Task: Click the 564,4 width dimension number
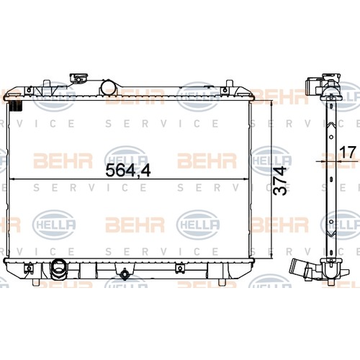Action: (x=128, y=170)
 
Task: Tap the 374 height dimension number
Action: (x=280, y=181)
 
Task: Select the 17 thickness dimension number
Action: (x=348, y=152)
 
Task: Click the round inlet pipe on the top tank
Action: (x=108, y=88)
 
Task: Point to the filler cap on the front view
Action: (x=78, y=78)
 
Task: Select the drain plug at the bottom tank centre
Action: (x=125, y=274)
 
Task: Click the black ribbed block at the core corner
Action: (x=16, y=106)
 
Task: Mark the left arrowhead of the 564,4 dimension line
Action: (x=12, y=179)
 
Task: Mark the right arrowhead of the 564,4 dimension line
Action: (x=246, y=179)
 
